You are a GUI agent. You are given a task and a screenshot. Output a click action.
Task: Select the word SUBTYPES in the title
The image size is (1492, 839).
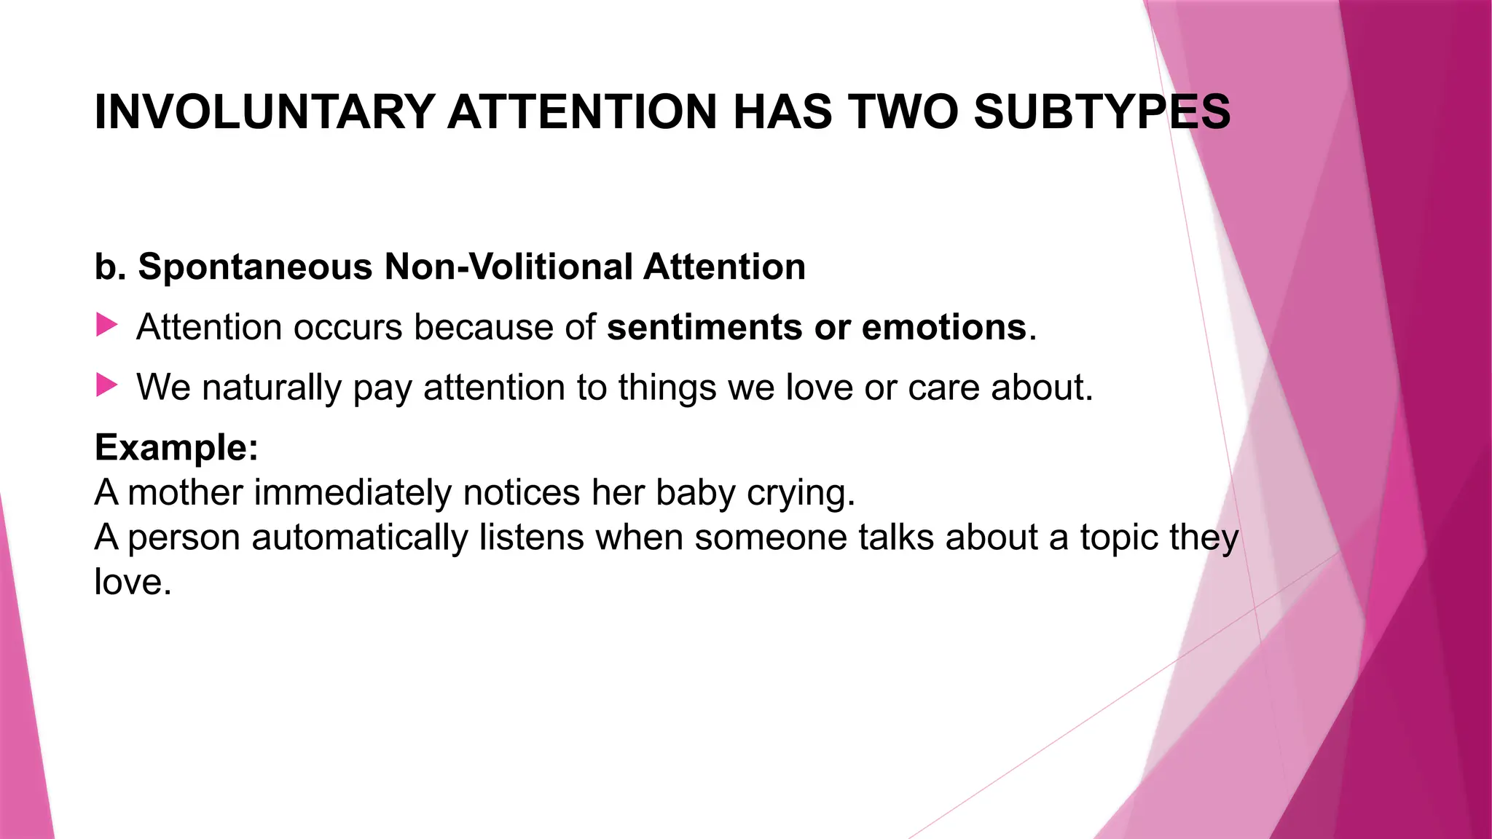(x=1102, y=113)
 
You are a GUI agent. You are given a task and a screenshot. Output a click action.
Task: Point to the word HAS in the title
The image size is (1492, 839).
(x=782, y=113)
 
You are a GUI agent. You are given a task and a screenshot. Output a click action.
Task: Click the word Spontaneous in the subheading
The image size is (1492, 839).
(x=255, y=267)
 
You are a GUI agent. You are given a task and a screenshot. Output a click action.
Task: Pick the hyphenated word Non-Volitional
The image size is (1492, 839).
(x=509, y=267)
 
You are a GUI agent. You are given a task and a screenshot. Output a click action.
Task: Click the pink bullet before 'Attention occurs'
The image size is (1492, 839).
(x=106, y=325)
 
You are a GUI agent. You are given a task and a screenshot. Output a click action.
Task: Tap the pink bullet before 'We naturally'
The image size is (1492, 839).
(x=106, y=385)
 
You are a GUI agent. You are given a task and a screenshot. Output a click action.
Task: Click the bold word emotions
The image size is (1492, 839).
(x=944, y=327)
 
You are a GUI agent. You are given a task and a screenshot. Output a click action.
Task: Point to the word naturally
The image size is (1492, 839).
(x=271, y=387)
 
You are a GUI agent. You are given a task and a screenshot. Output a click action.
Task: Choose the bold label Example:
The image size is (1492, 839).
(x=176, y=447)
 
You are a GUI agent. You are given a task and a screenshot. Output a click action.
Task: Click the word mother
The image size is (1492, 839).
(x=185, y=492)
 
